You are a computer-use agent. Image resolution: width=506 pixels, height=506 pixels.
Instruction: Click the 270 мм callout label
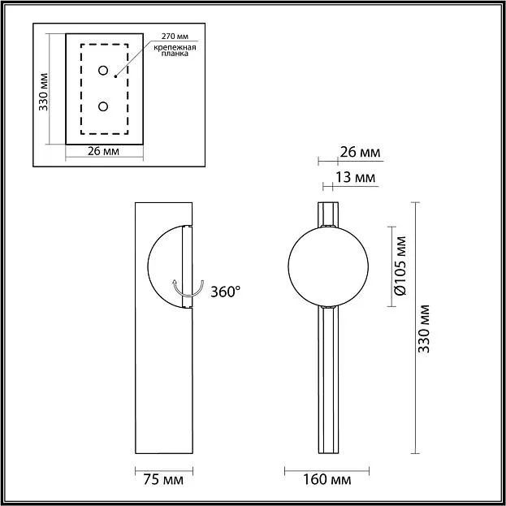point(175,36)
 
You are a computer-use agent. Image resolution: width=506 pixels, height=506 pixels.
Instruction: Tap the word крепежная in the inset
point(175,48)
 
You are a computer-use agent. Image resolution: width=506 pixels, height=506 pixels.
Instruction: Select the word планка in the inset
point(175,54)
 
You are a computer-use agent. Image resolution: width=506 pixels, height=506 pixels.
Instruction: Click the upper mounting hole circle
point(103,71)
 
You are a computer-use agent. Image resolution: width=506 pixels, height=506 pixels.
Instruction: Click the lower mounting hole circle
point(103,106)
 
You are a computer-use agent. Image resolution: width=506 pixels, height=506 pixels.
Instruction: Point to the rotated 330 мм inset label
point(43,92)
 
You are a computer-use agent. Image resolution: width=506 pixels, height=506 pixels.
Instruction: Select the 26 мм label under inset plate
point(103,151)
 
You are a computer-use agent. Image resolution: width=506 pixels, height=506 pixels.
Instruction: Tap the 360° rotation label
point(226,292)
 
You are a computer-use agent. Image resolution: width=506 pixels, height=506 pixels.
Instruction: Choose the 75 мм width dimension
point(163,479)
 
